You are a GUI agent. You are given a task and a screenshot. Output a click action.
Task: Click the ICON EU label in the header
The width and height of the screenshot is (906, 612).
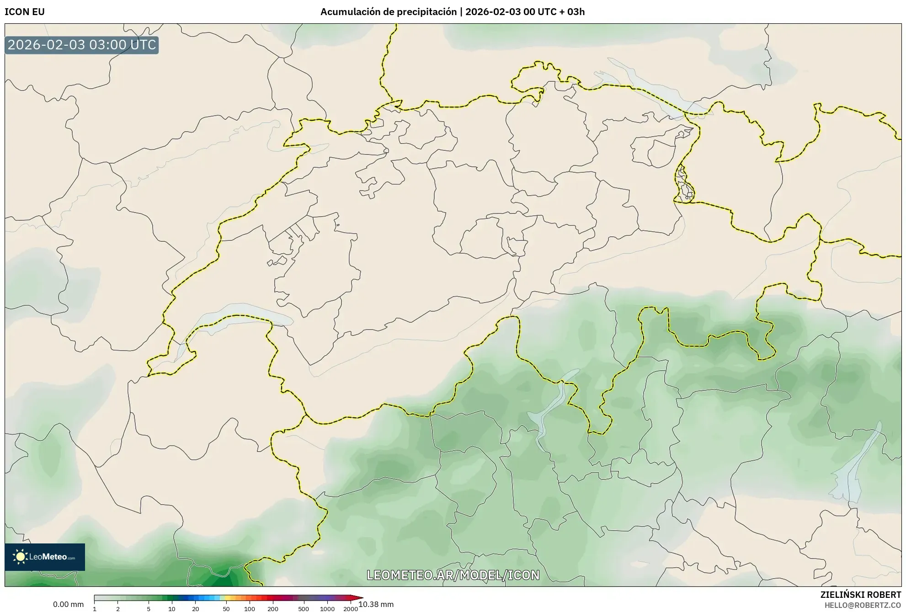(x=25, y=12)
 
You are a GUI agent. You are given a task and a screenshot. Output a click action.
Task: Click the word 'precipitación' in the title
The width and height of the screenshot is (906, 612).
(x=430, y=12)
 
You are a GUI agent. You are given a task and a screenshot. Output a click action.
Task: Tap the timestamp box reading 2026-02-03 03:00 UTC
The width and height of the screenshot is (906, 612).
(x=82, y=45)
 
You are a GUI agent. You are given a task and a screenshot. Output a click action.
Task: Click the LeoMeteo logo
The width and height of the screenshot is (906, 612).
(x=45, y=557)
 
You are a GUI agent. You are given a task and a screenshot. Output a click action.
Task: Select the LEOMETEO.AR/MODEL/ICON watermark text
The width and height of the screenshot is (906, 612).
(x=453, y=575)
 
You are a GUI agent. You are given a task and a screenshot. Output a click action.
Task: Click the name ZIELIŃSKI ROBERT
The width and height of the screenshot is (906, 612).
(x=861, y=595)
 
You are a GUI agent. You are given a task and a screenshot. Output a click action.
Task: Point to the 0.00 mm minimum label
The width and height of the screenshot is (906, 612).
(x=68, y=605)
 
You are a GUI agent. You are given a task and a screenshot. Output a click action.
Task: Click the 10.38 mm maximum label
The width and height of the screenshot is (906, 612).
(x=376, y=605)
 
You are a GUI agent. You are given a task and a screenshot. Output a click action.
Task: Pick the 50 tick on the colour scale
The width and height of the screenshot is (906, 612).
(x=226, y=609)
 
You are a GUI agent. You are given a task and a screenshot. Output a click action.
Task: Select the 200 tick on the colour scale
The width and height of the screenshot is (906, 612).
(x=273, y=609)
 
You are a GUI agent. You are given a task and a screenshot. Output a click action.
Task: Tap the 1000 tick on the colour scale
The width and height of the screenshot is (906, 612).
(x=327, y=609)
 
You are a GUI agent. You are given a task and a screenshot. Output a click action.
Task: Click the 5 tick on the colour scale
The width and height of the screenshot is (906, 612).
(x=149, y=609)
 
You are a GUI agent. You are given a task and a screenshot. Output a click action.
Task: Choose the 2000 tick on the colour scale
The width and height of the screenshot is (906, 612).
(x=351, y=609)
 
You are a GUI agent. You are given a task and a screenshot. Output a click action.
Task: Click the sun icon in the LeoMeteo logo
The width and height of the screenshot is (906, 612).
(x=20, y=557)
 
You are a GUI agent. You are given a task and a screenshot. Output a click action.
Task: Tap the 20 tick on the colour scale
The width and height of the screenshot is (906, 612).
(x=196, y=609)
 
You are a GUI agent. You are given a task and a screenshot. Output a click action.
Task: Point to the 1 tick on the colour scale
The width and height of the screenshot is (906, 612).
(x=95, y=609)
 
